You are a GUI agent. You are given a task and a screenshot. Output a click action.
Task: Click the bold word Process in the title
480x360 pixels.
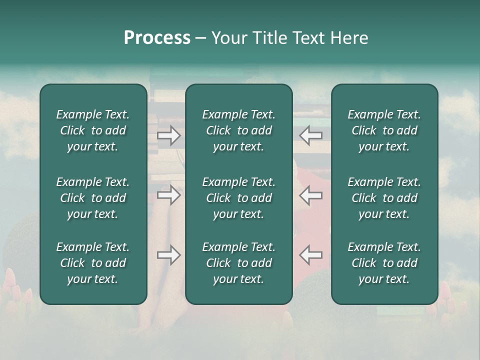coord(157,38)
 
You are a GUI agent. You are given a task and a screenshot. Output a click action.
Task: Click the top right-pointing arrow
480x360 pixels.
coord(168,135)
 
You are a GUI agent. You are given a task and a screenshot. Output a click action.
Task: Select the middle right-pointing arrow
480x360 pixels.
coord(168,195)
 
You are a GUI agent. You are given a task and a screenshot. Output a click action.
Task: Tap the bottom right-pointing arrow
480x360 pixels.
coord(168,255)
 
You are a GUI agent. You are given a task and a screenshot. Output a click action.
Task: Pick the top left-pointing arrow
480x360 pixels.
coord(311,135)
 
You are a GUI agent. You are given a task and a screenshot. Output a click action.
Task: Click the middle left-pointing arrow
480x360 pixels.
coord(311,195)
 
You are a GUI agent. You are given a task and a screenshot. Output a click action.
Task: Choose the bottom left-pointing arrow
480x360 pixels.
coord(311,255)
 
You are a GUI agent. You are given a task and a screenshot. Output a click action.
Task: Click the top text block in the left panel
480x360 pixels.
coord(93,130)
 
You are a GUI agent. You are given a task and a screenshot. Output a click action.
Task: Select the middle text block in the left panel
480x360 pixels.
coord(93,198)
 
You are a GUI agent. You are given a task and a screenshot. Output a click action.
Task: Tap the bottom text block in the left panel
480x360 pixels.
coord(93,263)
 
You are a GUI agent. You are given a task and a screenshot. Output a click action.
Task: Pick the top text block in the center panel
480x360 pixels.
coord(239,130)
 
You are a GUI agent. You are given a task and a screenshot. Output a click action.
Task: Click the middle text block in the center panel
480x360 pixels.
coord(239,198)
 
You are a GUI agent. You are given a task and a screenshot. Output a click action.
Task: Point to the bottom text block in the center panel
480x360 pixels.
coord(239,263)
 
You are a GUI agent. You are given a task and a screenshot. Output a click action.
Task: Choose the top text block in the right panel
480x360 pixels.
coord(384,130)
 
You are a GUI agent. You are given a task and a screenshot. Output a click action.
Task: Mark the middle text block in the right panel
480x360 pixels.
coord(384,198)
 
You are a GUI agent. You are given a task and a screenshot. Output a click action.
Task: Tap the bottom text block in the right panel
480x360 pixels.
coord(384,263)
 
